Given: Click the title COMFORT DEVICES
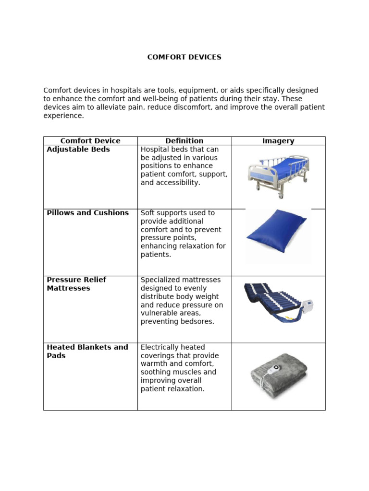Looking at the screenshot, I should [x=184, y=57].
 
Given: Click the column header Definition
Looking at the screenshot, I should [x=184, y=141].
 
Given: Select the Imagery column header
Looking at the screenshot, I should [x=278, y=141].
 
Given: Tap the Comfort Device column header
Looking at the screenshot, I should [x=90, y=141].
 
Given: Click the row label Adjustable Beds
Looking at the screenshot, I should [x=78, y=150].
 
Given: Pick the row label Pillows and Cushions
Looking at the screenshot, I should [x=88, y=213].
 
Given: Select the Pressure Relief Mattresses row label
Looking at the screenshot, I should [x=76, y=284].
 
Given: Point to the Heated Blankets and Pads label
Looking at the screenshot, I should [x=87, y=351].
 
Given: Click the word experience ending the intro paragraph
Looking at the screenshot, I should [x=63, y=116].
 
